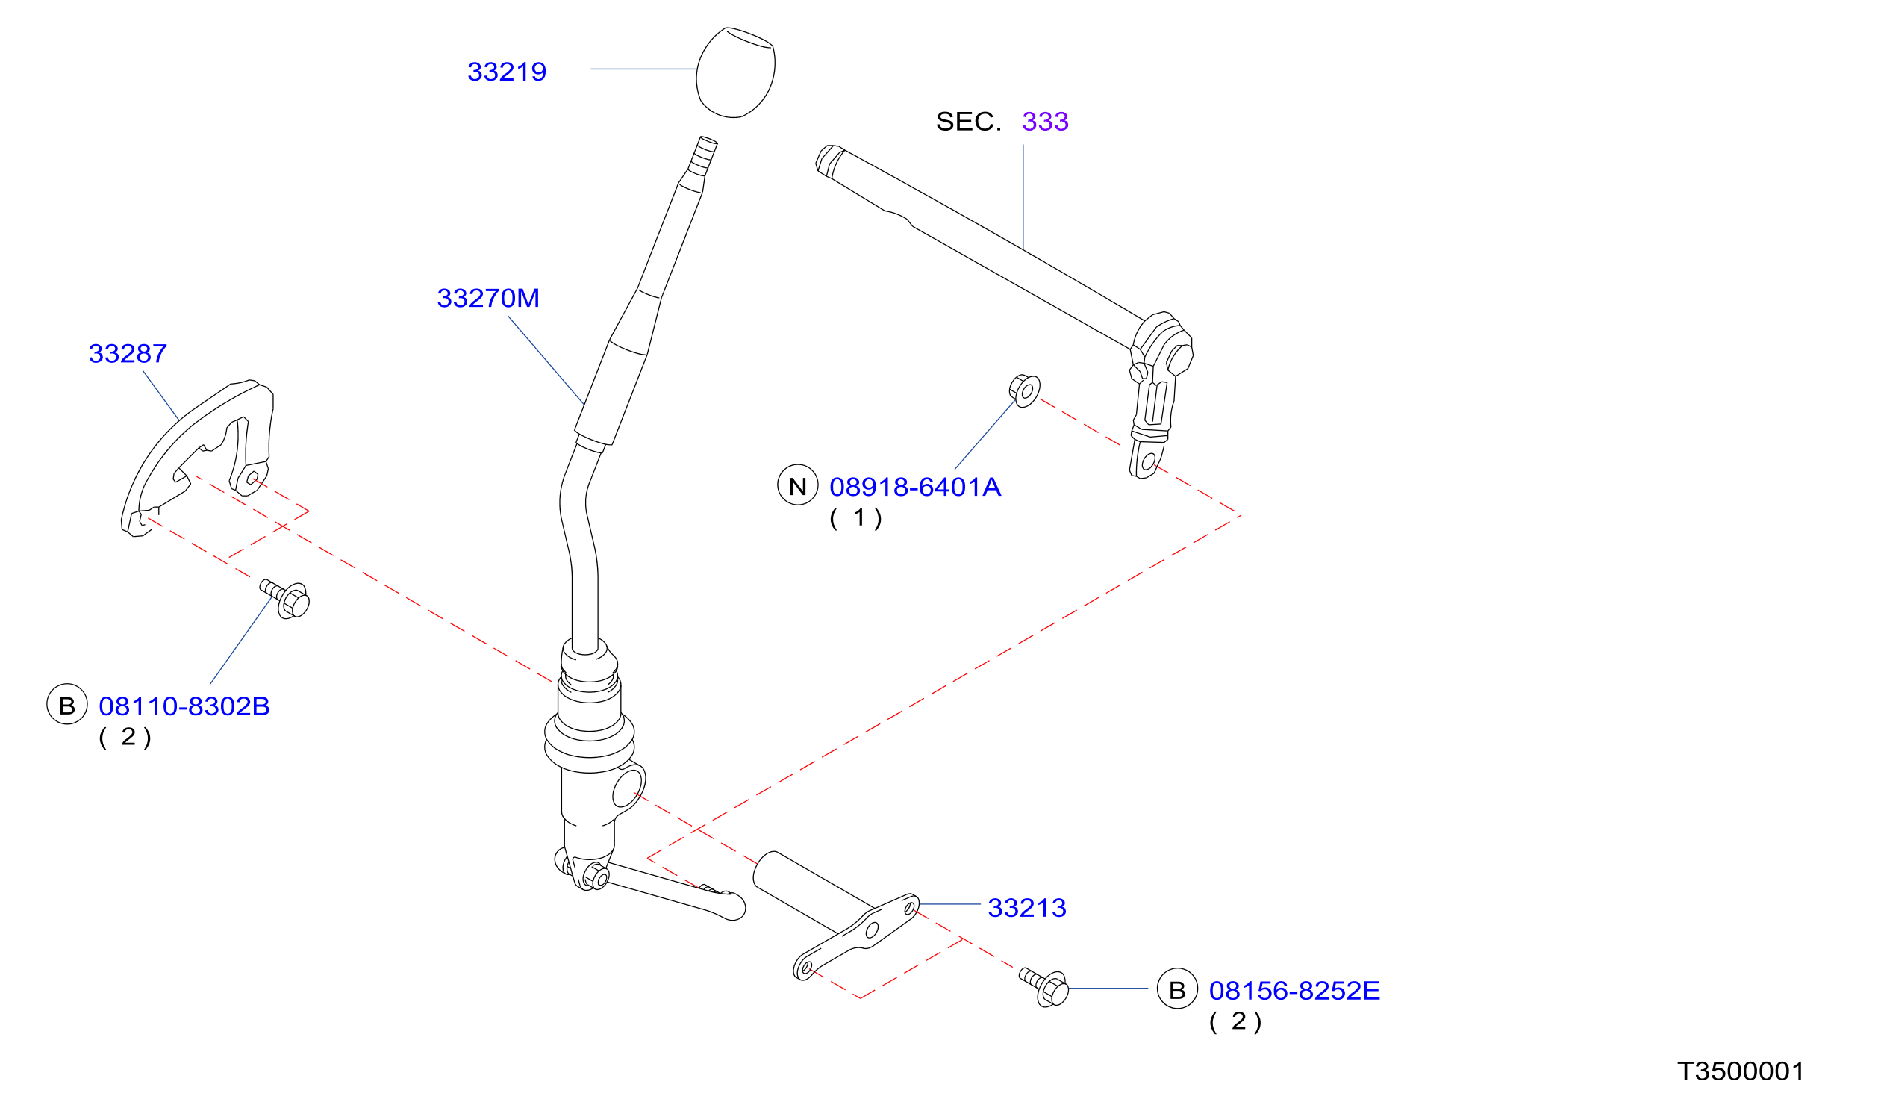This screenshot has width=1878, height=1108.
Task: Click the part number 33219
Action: tap(507, 72)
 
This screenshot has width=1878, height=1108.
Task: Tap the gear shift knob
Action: tap(736, 72)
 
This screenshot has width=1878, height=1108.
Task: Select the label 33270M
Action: tap(488, 298)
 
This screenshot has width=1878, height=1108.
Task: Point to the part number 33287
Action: tap(128, 353)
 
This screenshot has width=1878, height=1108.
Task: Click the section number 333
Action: tap(1045, 121)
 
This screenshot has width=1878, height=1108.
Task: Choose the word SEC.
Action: tap(969, 121)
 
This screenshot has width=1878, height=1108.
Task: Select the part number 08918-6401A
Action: tap(915, 487)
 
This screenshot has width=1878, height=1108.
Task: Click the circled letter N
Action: tap(798, 485)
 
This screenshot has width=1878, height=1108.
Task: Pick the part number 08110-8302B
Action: tap(184, 706)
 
